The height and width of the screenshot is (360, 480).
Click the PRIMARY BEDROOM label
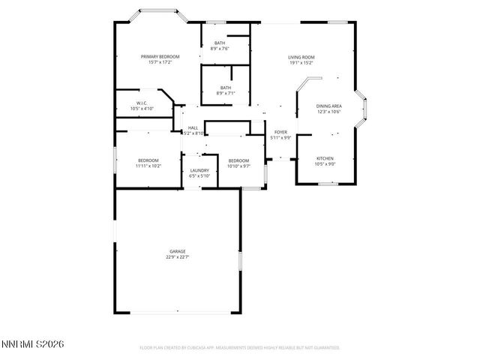click(160, 57)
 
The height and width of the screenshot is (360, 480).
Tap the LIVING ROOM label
click(301, 57)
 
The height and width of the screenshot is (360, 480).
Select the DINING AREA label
click(328, 106)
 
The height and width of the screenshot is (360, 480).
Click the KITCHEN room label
click(325, 158)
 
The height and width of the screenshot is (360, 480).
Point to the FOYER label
click(280, 132)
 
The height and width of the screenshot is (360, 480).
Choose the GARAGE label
click(177, 251)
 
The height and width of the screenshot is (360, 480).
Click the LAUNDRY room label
click(199, 170)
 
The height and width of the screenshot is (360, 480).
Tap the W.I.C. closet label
click(141, 103)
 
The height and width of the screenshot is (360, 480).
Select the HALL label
click(193, 127)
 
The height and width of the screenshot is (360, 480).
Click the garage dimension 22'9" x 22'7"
click(177, 257)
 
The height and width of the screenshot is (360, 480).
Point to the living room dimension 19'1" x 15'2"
click(301, 63)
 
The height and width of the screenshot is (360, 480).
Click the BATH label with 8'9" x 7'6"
click(220, 43)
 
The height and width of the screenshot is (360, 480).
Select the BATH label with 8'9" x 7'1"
click(225, 88)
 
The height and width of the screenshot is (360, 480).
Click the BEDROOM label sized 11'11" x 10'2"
click(148, 160)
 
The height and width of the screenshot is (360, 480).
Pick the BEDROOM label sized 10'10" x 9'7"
click(238, 160)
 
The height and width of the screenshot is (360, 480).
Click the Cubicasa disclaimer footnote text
click(240, 348)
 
